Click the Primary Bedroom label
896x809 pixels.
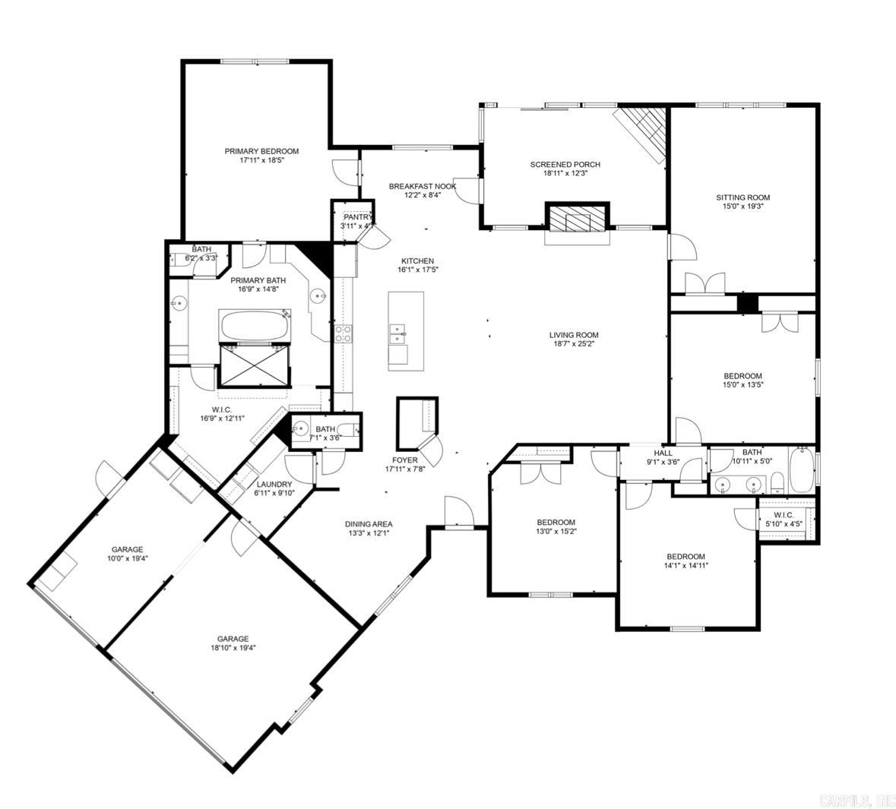(x=261, y=151)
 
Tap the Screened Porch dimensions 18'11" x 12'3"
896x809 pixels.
(x=565, y=173)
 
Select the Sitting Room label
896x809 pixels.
(x=742, y=198)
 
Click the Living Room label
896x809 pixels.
(x=574, y=335)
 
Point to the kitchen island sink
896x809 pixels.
(x=397, y=332)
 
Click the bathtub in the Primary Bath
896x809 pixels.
(x=254, y=326)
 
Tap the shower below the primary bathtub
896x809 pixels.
(x=254, y=365)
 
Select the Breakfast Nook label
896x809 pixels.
(x=423, y=186)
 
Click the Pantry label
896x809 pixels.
(x=357, y=217)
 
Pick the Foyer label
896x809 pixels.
(x=404, y=460)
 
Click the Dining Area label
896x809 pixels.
(x=369, y=523)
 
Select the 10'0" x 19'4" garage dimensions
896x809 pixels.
(x=127, y=558)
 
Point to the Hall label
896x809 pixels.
(x=663, y=453)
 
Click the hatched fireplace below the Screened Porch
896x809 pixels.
(x=578, y=221)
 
